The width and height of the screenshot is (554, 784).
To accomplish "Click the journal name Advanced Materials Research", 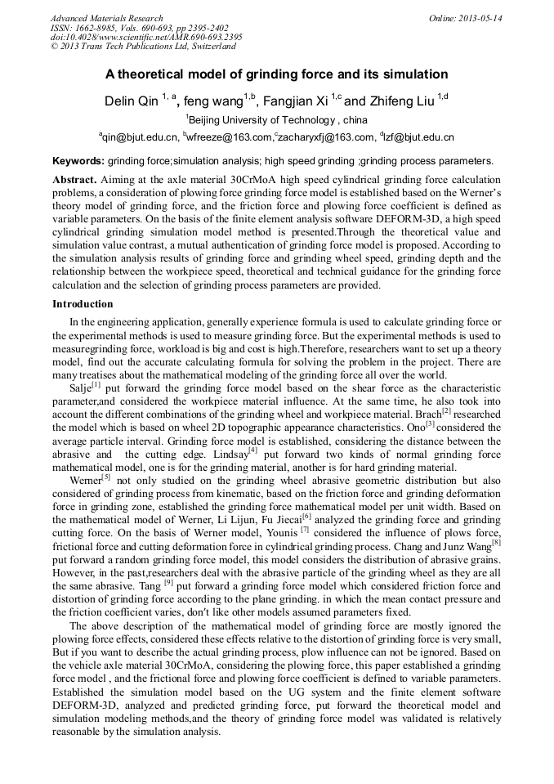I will tap(106, 18).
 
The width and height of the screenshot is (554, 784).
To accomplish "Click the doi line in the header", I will tap(146, 38).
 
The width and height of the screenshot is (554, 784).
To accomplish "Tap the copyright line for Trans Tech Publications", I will tap(143, 47).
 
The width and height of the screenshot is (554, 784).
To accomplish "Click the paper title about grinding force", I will tap(277, 74).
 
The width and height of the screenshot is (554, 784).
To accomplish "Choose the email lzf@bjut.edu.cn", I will tap(417, 137).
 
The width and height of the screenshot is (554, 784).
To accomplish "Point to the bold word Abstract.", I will tap(75, 178).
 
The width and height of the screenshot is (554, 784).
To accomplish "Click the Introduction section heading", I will tap(83, 303).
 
